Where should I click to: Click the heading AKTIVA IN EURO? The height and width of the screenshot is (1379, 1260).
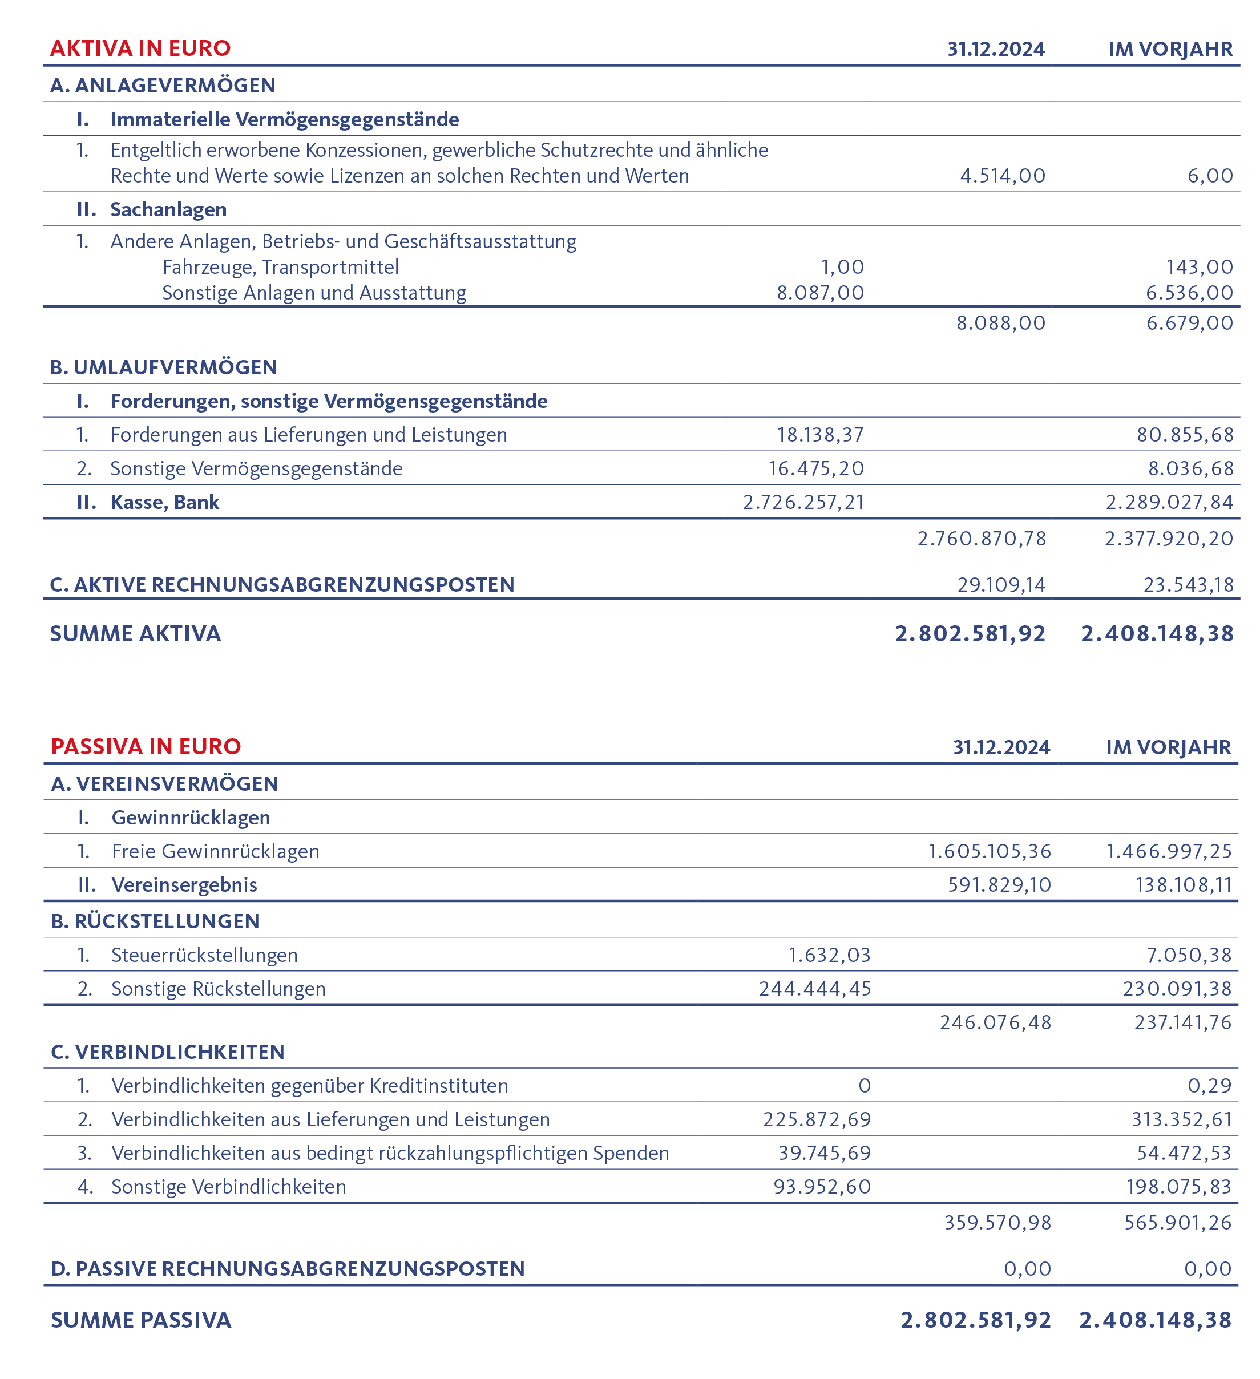[140, 48]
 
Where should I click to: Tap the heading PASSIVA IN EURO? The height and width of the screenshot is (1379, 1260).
[146, 746]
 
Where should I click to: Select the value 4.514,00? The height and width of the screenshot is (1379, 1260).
[1002, 176]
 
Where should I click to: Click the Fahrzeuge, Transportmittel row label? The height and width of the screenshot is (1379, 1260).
[280, 267]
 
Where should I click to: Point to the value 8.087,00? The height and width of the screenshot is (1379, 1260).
[819, 293]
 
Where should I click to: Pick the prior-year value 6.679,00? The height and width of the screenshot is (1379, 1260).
[1190, 323]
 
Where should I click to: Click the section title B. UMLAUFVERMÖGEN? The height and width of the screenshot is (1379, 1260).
[163, 367]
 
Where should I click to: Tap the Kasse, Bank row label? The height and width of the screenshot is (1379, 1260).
[164, 502]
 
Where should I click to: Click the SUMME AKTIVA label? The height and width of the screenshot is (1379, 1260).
[135, 633]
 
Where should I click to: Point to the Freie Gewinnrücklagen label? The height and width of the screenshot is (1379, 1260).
[216, 852]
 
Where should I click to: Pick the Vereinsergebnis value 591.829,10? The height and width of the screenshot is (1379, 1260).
[999, 885]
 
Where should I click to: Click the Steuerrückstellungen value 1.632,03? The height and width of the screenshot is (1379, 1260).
[829, 955]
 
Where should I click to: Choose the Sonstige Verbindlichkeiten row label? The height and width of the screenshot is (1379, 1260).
[228, 1187]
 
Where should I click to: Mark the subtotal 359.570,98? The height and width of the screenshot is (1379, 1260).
[997, 1222]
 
